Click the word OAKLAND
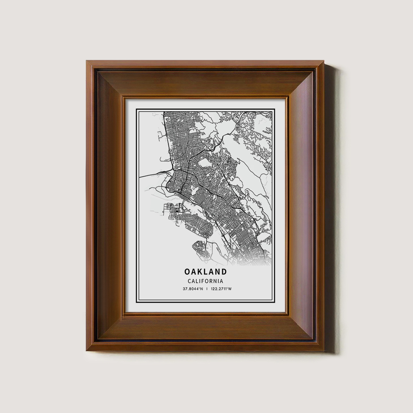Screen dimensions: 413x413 [205, 272]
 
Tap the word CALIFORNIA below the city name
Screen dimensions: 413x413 [205, 281]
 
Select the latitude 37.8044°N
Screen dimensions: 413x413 [193, 289]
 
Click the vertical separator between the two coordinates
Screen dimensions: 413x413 [207, 289]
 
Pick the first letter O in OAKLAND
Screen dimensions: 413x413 [188, 272]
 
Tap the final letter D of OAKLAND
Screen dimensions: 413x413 [224, 272]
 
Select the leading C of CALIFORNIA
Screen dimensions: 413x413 [189, 281]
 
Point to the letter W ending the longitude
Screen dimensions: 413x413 [230, 289]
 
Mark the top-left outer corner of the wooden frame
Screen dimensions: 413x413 [87, 61]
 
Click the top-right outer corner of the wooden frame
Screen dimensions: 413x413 [324, 61]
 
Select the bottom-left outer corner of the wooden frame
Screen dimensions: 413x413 [87, 351]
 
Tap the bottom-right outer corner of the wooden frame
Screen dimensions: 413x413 [324, 351]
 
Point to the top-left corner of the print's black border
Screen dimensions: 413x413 [137, 109]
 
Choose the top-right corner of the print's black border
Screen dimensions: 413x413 [275, 109]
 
